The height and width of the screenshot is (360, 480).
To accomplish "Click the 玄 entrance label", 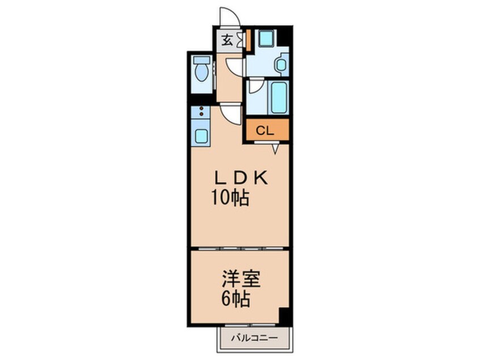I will point(226,40).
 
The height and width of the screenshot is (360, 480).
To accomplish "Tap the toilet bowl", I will point(200,73).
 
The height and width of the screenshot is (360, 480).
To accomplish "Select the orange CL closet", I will point(267,130).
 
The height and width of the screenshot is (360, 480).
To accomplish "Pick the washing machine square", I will point(266,39).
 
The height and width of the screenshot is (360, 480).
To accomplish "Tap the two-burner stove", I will point(201,111).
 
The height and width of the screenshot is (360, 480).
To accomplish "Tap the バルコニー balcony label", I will point(254,339).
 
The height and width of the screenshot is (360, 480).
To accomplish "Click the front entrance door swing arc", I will point(230,17).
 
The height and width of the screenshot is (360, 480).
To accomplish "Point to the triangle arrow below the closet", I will point(275,148).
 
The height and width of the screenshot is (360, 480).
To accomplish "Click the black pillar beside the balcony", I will point(284,316).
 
